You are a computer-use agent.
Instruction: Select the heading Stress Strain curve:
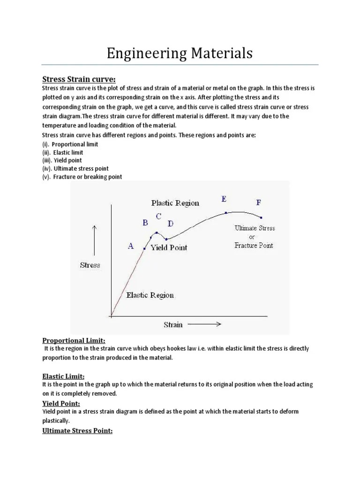79,79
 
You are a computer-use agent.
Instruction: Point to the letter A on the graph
131,246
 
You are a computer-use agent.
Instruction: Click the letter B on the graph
146,223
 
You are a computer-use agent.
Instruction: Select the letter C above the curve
158,216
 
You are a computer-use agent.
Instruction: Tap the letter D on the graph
171,223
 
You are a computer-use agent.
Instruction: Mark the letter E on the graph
224,199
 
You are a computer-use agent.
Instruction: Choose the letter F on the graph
259,202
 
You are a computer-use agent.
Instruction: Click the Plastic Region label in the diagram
175,203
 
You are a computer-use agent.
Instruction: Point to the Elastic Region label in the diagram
150,295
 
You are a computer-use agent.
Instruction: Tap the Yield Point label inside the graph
168,247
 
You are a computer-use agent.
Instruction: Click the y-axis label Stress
90,265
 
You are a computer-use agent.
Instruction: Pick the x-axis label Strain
173,324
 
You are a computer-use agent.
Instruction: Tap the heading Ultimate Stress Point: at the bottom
77,431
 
